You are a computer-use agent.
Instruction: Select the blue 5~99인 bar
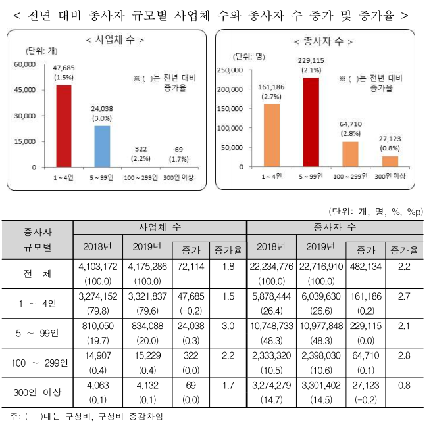click(x=101, y=146)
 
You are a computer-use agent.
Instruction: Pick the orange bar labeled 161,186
click(x=271, y=135)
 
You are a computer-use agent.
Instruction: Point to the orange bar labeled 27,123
click(x=390, y=161)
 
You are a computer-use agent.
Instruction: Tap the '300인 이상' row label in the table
click(x=38, y=392)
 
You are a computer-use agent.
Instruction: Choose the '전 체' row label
click(x=38, y=273)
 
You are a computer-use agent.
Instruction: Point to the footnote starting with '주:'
click(x=86, y=416)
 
